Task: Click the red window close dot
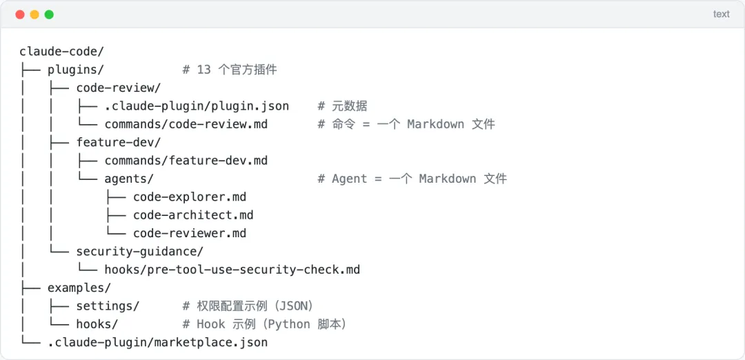click(x=19, y=14)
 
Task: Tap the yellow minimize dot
click(x=34, y=14)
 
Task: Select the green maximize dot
click(x=49, y=14)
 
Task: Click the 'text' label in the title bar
click(x=721, y=14)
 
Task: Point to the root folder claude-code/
click(x=61, y=52)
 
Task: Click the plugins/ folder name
click(x=76, y=70)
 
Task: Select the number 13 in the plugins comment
click(x=203, y=70)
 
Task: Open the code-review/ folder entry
click(x=119, y=88)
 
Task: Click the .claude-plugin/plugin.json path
click(x=197, y=106)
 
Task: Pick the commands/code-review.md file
click(x=186, y=124)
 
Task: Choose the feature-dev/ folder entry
click(x=119, y=142)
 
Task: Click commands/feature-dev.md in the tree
click(x=186, y=161)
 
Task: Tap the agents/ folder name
click(x=129, y=179)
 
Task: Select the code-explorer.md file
click(x=190, y=197)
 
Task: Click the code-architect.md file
click(x=193, y=215)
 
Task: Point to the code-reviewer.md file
click(x=190, y=233)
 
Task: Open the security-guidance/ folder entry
click(x=139, y=252)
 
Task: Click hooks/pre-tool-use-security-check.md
click(x=232, y=270)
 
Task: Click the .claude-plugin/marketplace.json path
click(x=157, y=342)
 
